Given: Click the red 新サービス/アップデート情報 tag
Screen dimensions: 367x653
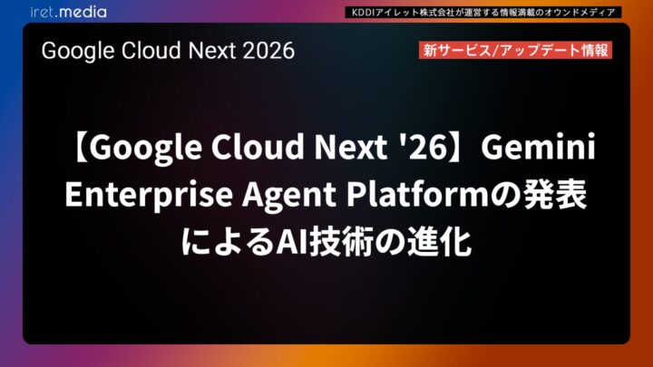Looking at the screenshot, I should click(x=516, y=50).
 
